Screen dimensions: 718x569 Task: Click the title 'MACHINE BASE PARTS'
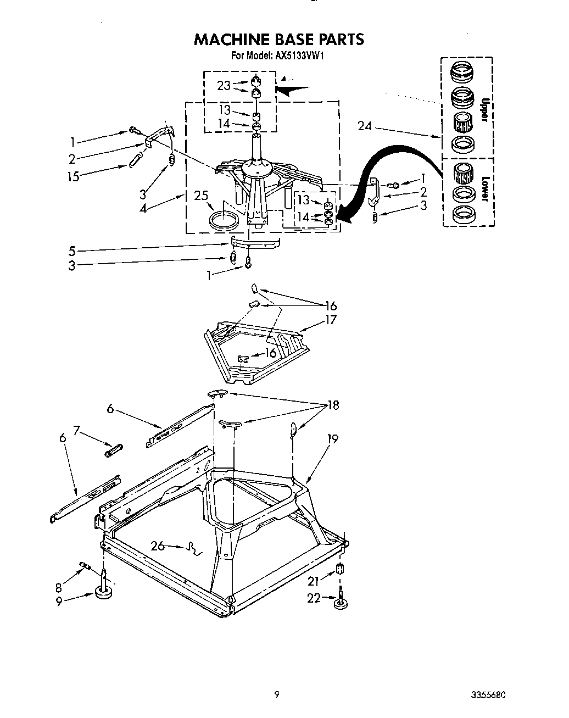(x=279, y=40)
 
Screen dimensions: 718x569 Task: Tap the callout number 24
(x=365, y=126)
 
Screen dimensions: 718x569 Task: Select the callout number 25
(x=202, y=195)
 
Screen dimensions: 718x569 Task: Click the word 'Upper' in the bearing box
(x=484, y=110)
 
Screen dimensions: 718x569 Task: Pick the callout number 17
(x=331, y=320)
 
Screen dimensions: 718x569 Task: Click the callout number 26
(x=158, y=546)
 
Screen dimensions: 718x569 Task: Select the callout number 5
(x=71, y=251)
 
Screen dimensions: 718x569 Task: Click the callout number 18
(x=333, y=406)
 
